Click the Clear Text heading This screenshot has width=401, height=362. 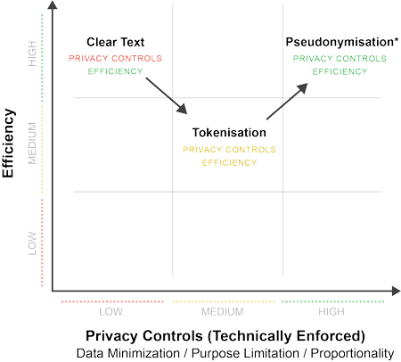pyautogui.click(x=115, y=42)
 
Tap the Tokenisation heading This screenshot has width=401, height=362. pyautogui.click(x=229, y=133)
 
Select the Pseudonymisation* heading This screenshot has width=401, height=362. pyautogui.click(x=342, y=42)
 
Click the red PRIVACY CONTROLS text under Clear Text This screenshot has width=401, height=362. pyautogui.click(x=115, y=58)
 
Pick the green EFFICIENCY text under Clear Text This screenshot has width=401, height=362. pyautogui.click(x=115, y=71)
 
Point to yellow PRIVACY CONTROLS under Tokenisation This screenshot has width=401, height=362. pyautogui.click(x=229, y=149)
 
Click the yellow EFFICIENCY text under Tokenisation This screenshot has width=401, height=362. pyautogui.click(x=229, y=162)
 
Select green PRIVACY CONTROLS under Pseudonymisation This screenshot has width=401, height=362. pyautogui.click(x=340, y=58)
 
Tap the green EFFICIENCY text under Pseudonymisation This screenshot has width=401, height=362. pyautogui.click(x=340, y=71)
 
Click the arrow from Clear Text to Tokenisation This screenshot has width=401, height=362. pyautogui.click(x=167, y=95)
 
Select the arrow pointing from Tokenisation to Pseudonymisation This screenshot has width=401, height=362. pyautogui.click(x=287, y=102)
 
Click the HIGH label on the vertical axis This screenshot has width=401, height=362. pyautogui.click(x=32, y=53)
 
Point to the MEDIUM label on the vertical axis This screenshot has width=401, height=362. pyautogui.click(x=32, y=144)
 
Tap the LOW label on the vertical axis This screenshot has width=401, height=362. pyautogui.click(x=32, y=243)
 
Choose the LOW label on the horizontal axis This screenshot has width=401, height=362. pyautogui.click(x=110, y=311)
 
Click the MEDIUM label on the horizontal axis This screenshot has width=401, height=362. pyautogui.click(x=223, y=311)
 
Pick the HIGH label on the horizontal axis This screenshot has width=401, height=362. pyautogui.click(x=331, y=311)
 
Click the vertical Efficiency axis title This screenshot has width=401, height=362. pyautogui.click(x=8, y=144)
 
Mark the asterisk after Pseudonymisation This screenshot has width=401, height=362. pyautogui.click(x=397, y=40)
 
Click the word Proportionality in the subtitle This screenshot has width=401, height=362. pyautogui.click(x=352, y=353)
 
